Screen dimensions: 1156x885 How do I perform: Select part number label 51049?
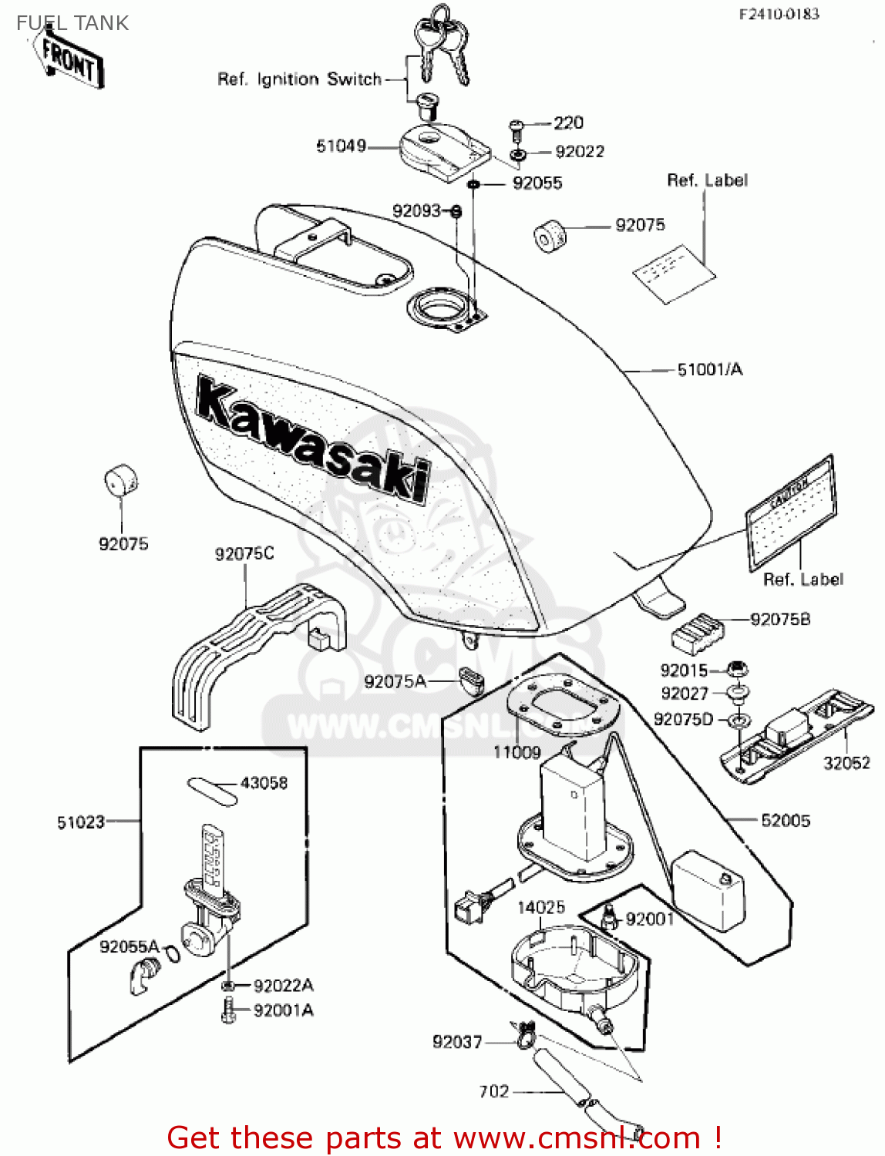click(x=341, y=146)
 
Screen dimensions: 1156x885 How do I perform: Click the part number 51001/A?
click(x=709, y=370)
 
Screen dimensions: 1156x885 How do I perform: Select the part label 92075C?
click(x=244, y=553)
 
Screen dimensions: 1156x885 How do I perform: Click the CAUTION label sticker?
click(x=791, y=512)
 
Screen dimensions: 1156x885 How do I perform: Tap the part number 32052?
click(x=846, y=763)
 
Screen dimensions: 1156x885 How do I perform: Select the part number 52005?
click(x=785, y=821)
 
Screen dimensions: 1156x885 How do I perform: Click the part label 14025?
click(x=540, y=907)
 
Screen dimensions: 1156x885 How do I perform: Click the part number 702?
click(x=494, y=1091)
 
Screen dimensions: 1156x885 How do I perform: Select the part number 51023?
click(x=80, y=822)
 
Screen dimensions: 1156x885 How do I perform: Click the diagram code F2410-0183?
click(x=779, y=14)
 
